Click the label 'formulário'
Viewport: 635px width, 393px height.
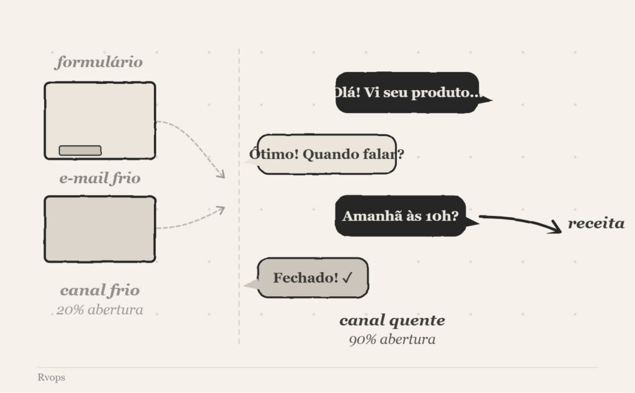[x=99, y=62]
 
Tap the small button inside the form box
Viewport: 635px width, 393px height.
[x=80, y=150]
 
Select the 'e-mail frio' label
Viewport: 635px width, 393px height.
[x=100, y=179]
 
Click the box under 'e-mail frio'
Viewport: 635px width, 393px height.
[x=100, y=229]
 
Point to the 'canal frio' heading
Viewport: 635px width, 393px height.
[x=100, y=290]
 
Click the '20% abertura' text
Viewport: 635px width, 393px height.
[x=100, y=310]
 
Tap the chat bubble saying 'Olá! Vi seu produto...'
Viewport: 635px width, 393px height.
[x=407, y=93]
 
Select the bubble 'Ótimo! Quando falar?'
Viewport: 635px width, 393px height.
[x=326, y=154]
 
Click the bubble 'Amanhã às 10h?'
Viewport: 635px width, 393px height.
[x=401, y=216]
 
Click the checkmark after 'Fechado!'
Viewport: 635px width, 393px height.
[x=347, y=278]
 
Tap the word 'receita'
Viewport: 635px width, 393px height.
[x=596, y=224]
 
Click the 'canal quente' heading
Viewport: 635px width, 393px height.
[x=392, y=320]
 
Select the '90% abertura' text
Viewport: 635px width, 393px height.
[x=392, y=340]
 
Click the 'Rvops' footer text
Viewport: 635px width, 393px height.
[x=51, y=377]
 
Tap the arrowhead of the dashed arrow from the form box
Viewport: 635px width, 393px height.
[x=221, y=176]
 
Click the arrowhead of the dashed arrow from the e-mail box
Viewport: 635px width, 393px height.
[x=220, y=210]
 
